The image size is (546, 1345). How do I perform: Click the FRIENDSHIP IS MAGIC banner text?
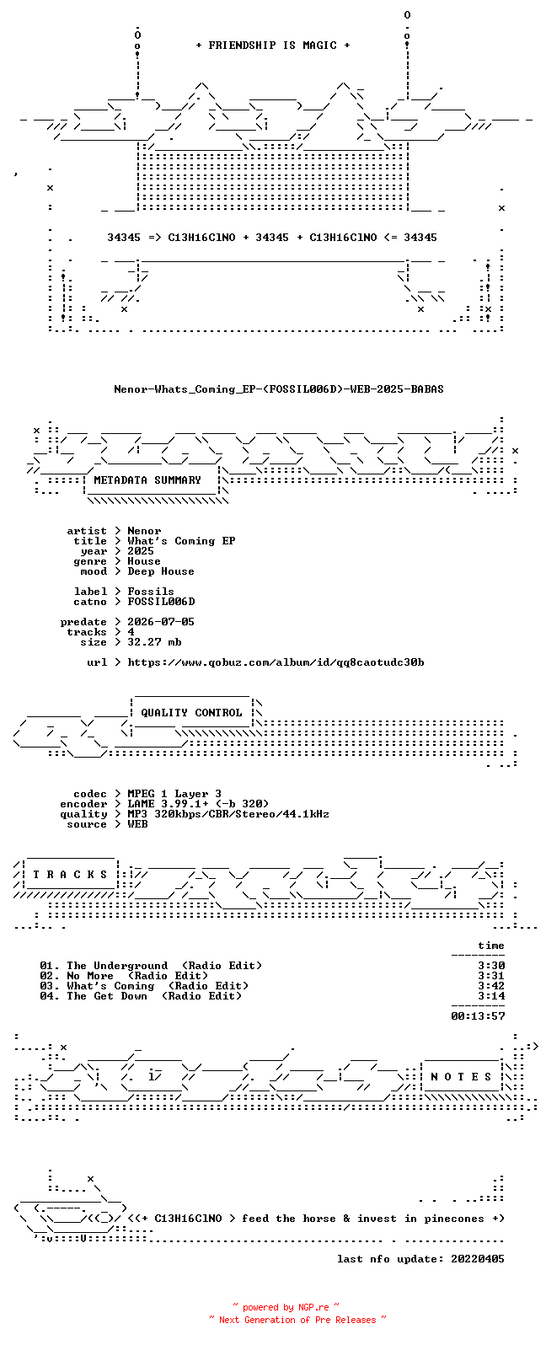[273, 45]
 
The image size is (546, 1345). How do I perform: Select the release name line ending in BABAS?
[279, 389]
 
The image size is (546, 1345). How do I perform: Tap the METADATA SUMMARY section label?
[147, 480]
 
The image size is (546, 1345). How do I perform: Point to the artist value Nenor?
[144, 531]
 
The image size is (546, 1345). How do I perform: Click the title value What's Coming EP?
[181, 541]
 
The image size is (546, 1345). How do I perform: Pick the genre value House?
[144, 561]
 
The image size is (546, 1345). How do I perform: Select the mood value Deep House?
[161, 571]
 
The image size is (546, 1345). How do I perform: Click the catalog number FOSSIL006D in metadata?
[161, 602]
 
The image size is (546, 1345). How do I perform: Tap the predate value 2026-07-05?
[161, 622]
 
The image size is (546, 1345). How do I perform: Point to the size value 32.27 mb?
[154, 642]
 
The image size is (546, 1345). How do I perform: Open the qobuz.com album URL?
[276, 662]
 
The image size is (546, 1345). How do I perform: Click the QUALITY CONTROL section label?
[191, 713]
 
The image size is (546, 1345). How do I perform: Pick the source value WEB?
[137, 824]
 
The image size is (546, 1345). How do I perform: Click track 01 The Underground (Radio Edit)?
[152, 966]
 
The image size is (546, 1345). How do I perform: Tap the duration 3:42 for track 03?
[491, 986]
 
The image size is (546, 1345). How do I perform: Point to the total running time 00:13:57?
[478, 1016]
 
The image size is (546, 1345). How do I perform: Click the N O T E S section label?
[461, 1077]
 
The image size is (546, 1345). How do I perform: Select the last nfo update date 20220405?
[478, 1258]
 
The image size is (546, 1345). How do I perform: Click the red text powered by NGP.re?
[286, 1307]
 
